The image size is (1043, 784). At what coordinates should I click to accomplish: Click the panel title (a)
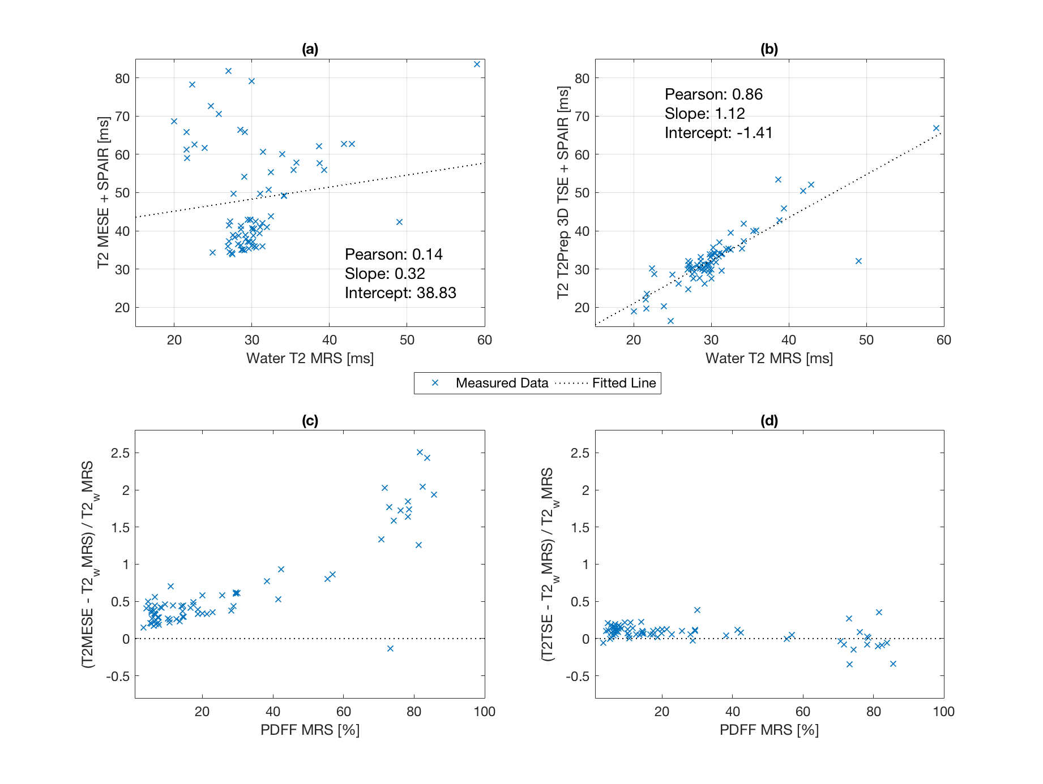310,49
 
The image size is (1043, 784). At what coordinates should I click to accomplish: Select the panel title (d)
769,421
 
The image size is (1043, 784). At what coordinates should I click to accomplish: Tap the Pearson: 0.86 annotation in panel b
713,94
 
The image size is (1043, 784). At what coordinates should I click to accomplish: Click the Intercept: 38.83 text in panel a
400,293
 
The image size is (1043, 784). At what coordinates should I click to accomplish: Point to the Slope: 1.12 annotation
704,114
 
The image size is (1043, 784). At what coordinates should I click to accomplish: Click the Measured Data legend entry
502,383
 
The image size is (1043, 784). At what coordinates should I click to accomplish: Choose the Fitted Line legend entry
623,383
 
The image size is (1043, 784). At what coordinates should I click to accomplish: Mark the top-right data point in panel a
477,64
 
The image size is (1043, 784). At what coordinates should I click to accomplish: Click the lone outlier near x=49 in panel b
858,261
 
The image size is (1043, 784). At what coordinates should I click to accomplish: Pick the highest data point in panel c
420,452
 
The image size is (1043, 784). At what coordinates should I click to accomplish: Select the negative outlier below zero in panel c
390,648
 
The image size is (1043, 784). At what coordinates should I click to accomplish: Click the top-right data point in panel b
936,128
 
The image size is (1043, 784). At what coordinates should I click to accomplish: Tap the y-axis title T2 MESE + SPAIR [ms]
103,193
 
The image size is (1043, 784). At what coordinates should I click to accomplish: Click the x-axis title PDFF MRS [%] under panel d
769,730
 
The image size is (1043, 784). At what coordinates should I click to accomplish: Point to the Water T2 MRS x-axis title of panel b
769,359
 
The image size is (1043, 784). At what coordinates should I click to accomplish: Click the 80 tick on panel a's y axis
122,79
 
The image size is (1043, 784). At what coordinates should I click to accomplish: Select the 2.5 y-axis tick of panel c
120,453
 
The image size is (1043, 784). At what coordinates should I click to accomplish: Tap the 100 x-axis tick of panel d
943,712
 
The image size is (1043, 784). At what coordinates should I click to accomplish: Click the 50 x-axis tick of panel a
407,340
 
